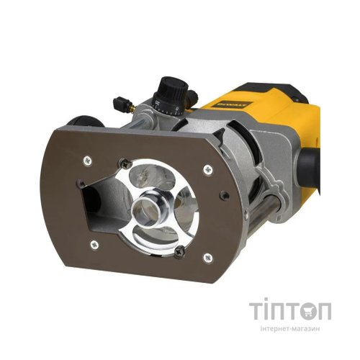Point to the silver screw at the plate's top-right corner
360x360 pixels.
(x=208, y=170)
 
